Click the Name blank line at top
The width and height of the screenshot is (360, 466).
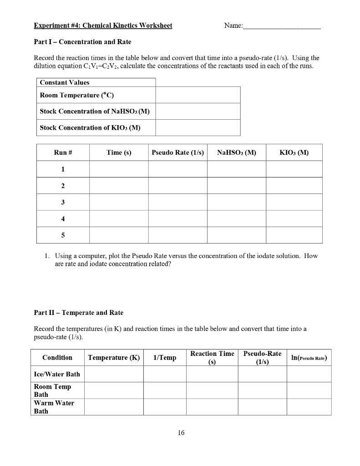[282, 26]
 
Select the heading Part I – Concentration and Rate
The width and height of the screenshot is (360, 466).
[82, 42]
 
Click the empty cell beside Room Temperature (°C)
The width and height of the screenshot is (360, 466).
[198, 95]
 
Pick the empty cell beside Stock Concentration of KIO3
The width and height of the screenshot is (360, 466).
[198, 128]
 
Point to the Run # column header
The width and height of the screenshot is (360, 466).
[63, 153]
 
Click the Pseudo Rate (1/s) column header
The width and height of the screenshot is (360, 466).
[177, 153]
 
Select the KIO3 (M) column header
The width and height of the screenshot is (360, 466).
[294, 153]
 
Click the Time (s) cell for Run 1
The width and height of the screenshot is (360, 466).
[119, 169]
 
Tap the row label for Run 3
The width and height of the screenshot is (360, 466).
[63, 202]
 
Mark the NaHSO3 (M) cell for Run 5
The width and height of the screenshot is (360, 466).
[236, 235]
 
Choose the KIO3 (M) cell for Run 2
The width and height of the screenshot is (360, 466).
[294, 186]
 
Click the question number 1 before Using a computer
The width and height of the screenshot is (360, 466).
[47, 256]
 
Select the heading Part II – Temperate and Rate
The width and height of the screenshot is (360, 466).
[79, 313]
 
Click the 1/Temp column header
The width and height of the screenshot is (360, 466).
[165, 358]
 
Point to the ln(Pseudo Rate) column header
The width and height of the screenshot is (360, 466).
[309, 358]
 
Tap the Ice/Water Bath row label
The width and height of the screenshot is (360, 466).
[57, 374]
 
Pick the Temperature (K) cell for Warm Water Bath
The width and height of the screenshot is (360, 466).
[114, 407]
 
